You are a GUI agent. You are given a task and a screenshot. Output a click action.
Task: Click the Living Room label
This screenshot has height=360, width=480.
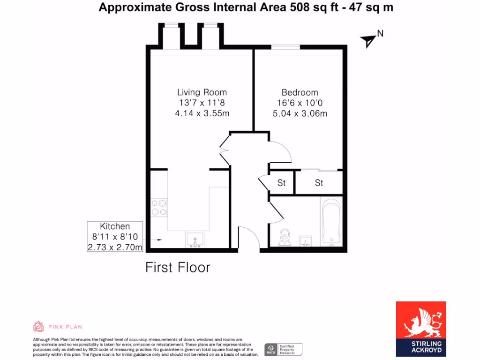tap(202, 92)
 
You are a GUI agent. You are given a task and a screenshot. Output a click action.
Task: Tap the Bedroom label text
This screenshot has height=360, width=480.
tap(300, 92)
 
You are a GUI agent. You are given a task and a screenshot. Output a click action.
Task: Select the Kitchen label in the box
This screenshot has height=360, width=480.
tap(115, 226)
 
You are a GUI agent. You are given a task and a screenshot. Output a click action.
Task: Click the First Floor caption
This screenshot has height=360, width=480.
tap(178, 268)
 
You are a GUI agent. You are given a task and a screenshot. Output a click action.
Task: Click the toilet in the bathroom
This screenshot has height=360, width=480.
tap(284, 237)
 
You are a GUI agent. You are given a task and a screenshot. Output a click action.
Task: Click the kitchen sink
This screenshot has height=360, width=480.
tap(195, 240)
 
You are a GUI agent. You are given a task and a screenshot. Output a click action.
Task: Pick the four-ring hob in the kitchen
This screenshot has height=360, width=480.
tap(159, 207)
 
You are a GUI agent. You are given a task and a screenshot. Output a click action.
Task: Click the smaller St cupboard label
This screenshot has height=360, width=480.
tap(281, 183)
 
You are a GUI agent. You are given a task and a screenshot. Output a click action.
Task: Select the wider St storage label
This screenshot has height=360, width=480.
tap(319, 183)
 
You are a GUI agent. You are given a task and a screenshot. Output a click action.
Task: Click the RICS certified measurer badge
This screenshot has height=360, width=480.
tap(284, 349)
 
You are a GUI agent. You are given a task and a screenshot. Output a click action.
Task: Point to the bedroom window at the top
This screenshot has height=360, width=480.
tap(285, 46)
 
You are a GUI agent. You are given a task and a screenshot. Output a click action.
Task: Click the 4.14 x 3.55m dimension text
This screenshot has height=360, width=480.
tap(202, 113)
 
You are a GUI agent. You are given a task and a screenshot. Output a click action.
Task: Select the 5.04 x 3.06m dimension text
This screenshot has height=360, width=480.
tap(300, 113)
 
